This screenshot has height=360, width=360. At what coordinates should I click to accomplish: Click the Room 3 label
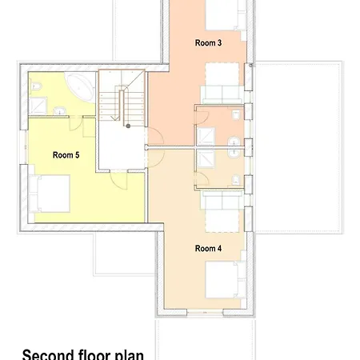[208, 42]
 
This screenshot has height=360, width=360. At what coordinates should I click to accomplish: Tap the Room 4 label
[208, 248]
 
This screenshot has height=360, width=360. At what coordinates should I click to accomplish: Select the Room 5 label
[66, 155]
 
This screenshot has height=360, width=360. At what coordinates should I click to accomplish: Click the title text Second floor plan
[83, 354]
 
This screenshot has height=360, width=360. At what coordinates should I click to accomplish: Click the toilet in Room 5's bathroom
[36, 86]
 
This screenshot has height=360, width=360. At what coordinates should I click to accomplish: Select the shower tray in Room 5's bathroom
[38, 106]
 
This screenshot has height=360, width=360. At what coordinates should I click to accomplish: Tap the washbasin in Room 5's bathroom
[60, 110]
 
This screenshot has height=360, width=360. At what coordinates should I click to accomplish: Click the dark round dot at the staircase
[128, 126]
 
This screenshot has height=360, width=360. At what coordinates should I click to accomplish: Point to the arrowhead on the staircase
[115, 118]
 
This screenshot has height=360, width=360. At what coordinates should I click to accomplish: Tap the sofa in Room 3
[222, 94]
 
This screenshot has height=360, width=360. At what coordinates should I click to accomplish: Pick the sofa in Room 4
[222, 200]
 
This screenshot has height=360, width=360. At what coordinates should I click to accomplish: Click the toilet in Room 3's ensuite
[236, 115]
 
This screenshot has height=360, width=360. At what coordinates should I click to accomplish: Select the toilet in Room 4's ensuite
[236, 180]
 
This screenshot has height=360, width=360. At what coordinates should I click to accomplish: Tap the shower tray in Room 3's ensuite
[206, 136]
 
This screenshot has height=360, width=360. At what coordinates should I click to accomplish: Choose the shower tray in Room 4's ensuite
[206, 158]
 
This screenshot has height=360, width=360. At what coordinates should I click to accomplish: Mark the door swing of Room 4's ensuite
[202, 178]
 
